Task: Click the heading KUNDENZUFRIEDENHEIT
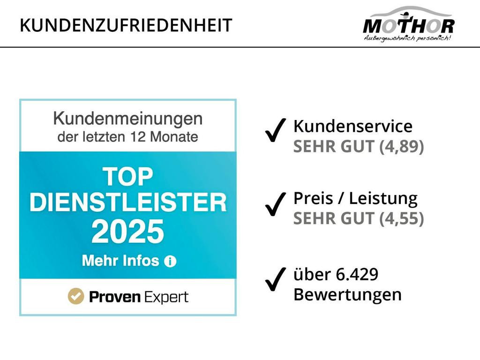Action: click(x=126, y=25)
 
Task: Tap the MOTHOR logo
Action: click(x=409, y=23)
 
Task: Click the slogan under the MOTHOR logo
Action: click(x=407, y=38)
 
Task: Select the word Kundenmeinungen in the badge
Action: click(x=128, y=119)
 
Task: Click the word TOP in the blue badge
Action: click(x=128, y=177)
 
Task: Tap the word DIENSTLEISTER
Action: click(x=128, y=202)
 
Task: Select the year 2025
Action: click(x=128, y=232)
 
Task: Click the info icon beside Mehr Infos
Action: click(x=170, y=262)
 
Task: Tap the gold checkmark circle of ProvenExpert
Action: click(x=75, y=296)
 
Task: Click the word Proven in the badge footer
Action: click(x=115, y=297)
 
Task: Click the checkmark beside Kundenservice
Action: click(x=276, y=130)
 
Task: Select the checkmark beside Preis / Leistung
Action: click(x=276, y=204)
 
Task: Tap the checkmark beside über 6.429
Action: click(x=276, y=279)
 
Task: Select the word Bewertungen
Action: click(x=347, y=295)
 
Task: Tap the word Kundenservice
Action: click(x=353, y=126)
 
